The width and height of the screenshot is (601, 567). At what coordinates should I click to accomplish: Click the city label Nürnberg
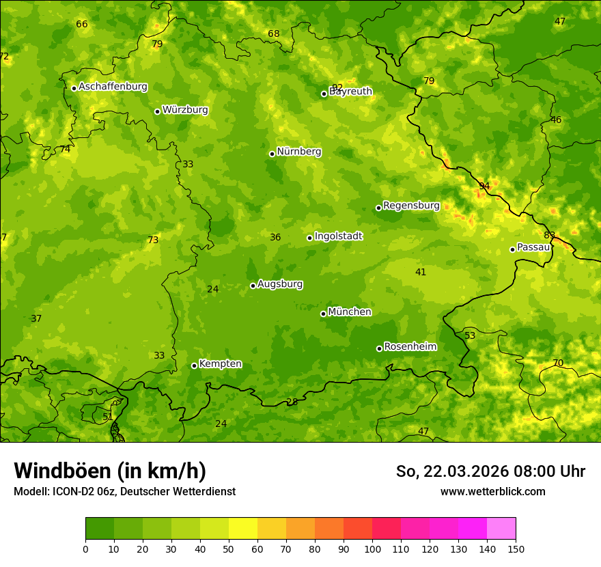(x=298, y=152)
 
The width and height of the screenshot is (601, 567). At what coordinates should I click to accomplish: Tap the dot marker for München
(x=323, y=314)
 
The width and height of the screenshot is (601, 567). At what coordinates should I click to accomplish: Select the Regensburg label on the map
(x=411, y=206)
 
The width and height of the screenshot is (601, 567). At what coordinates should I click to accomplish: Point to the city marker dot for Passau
(x=512, y=249)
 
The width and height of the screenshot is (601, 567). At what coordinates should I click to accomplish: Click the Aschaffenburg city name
(x=113, y=87)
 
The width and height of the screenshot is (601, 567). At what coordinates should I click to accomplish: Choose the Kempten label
(x=220, y=364)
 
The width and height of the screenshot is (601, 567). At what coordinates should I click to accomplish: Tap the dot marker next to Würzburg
(x=157, y=111)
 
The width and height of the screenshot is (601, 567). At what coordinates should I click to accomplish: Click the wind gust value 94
(x=484, y=186)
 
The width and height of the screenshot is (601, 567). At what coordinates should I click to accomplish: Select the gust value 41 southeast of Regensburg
(x=421, y=273)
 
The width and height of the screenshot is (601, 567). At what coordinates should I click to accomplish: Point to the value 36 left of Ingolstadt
(x=275, y=238)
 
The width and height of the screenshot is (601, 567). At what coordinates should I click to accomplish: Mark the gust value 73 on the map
(x=153, y=240)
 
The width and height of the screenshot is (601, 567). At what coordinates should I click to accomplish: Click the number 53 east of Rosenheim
(x=470, y=336)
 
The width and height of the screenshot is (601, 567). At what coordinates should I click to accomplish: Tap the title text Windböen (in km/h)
(x=110, y=471)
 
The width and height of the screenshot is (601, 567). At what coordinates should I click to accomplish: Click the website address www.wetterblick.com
(x=492, y=491)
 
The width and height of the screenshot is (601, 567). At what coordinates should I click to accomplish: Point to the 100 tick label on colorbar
(x=372, y=549)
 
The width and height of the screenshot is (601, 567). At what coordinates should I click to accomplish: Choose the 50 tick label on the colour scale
(x=229, y=549)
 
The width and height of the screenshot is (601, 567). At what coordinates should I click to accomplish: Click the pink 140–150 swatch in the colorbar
(x=501, y=529)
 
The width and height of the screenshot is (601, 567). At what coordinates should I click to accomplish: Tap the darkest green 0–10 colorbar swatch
(x=100, y=529)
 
